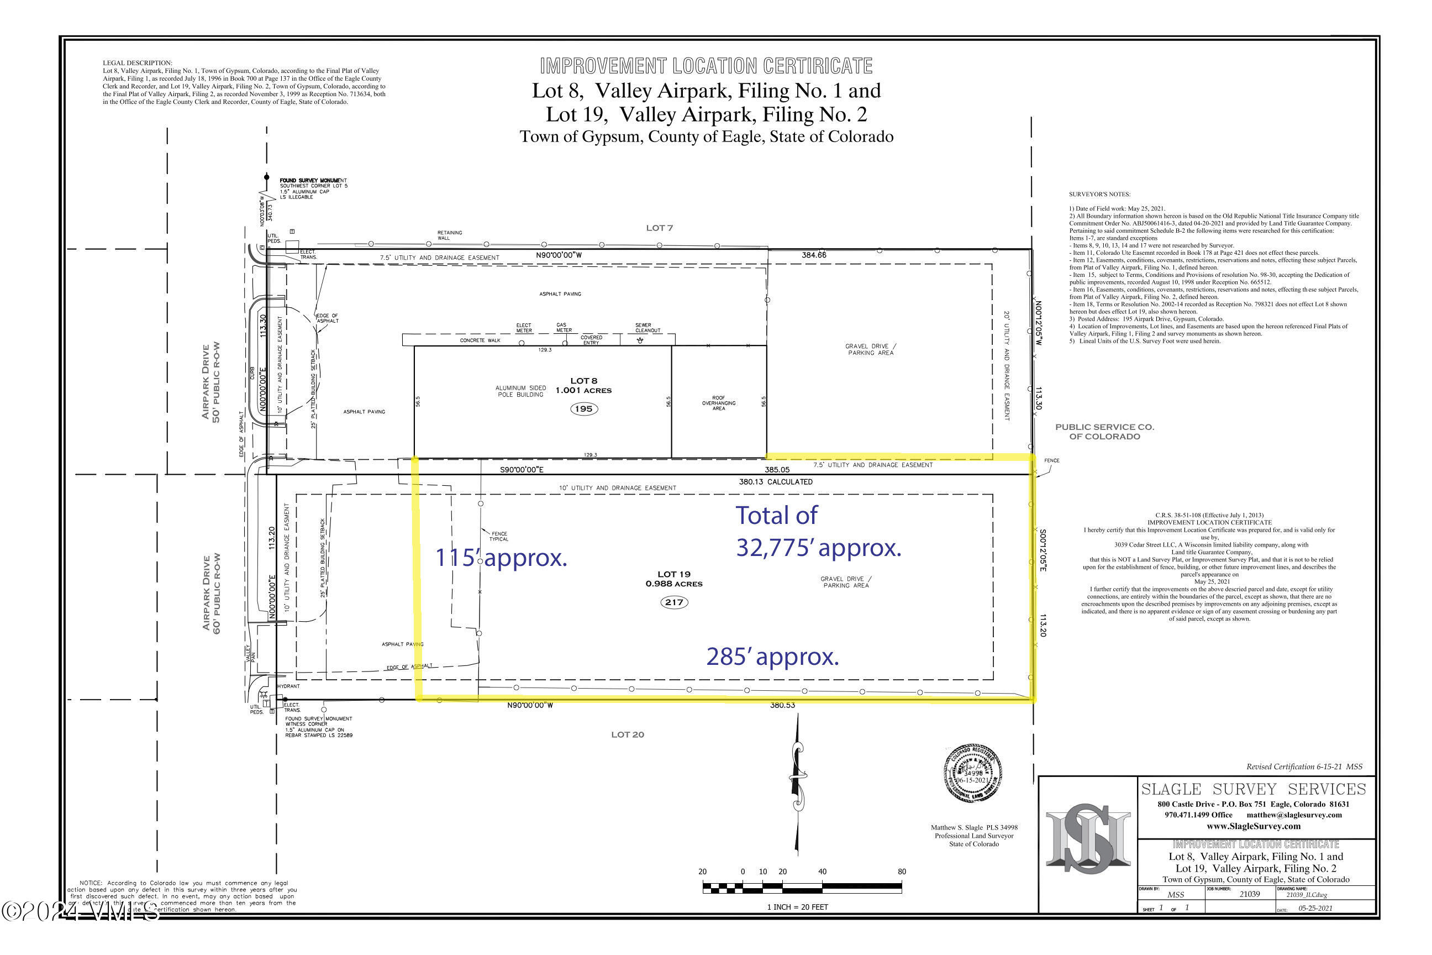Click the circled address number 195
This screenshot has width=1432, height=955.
(583, 408)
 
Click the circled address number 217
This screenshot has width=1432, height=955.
(674, 602)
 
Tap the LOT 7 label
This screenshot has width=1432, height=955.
(660, 228)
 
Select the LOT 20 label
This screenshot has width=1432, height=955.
(627, 734)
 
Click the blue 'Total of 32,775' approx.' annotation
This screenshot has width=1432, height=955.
(818, 532)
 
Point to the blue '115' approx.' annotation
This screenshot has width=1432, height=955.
(501, 558)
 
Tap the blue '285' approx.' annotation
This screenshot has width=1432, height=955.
(772, 657)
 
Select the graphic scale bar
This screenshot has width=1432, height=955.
(802, 888)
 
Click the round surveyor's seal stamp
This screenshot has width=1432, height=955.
(972, 772)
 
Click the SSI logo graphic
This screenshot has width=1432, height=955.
(1087, 837)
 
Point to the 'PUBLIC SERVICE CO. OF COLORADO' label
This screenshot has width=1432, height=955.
(1104, 431)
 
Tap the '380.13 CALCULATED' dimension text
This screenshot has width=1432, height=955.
(775, 482)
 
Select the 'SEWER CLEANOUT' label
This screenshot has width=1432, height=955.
(647, 328)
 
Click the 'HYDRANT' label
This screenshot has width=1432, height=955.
(288, 686)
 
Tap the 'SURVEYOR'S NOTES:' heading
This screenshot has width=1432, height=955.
(1099, 195)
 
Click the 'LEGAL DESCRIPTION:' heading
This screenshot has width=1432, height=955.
(138, 63)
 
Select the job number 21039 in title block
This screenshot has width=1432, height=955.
(1249, 894)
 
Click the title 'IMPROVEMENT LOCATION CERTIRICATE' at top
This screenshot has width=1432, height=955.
(706, 66)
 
